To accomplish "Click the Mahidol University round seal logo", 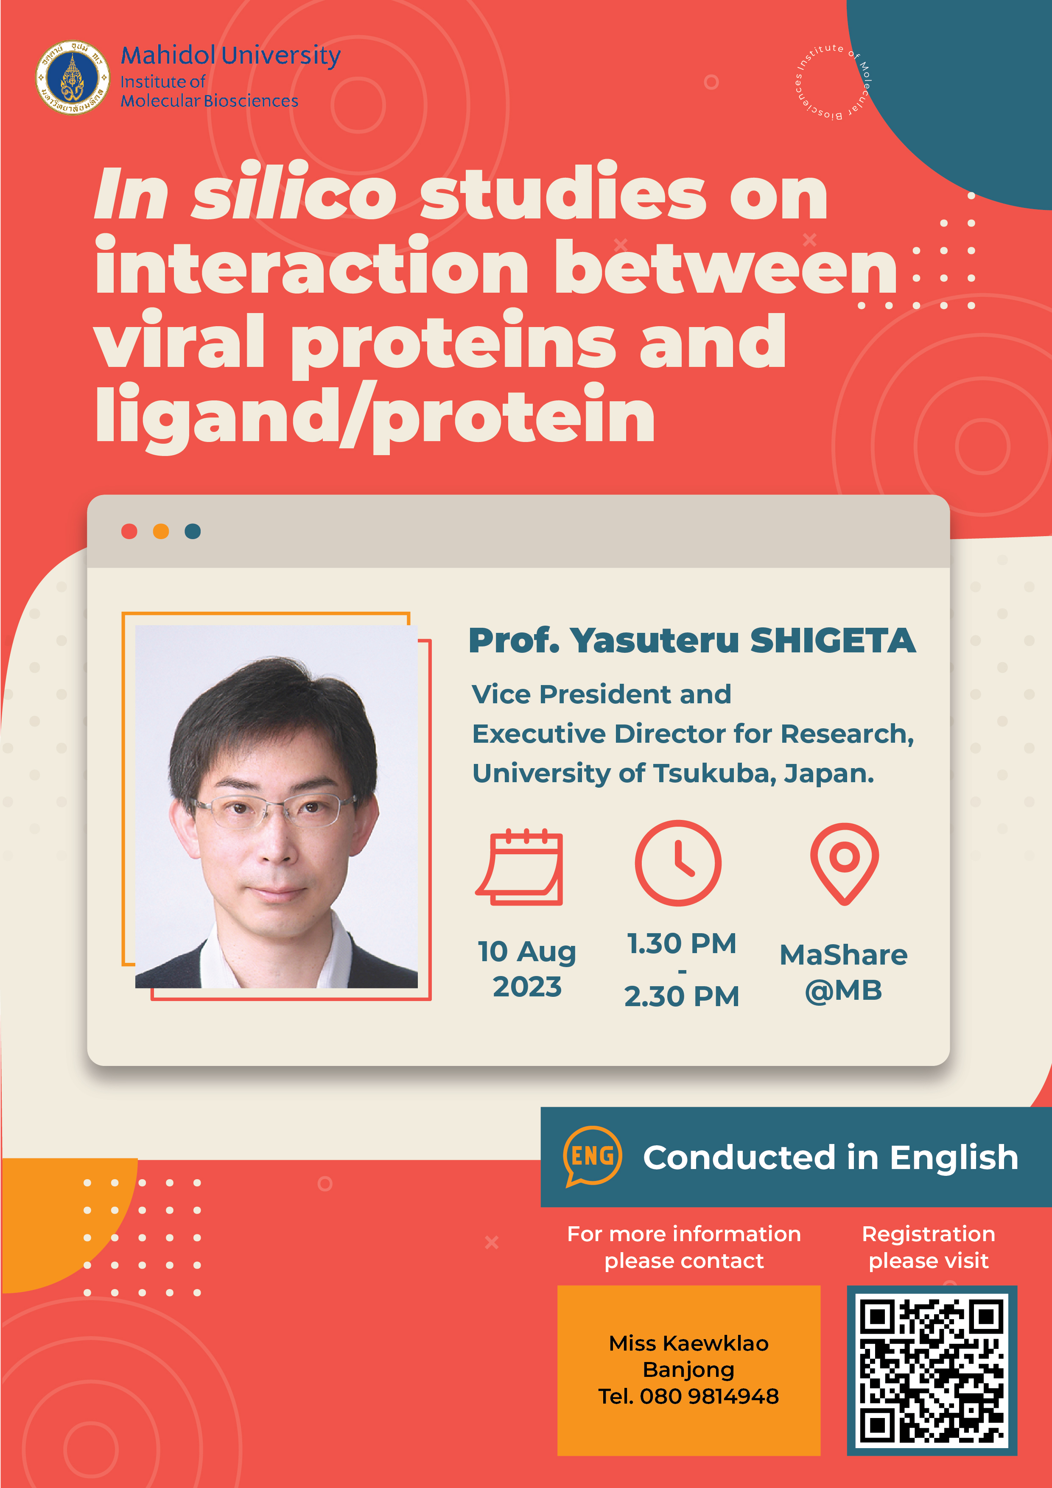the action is pyautogui.click(x=73, y=78).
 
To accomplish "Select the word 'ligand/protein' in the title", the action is pyautogui.click(x=375, y=415).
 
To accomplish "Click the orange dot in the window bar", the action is pyautogui.click(x=161, y=531).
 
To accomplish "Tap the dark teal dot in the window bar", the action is pyautogui.click(x=193, y=531).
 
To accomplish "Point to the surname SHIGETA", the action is pyautogui.click(x=833, y=641).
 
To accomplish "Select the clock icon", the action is pyautogui.click(x=678, y=863).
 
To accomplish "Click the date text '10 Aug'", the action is pyautogui.click(x=527, y=951).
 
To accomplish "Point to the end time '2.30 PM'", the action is pyautogui.click(x=682, y=996).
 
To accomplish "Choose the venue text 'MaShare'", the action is pyautogui.click(x=843, y=955).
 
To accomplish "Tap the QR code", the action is pyautogui.click(x=932, y=1371).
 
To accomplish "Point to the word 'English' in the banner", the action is pyautogui.click(x=954, y=1158).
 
